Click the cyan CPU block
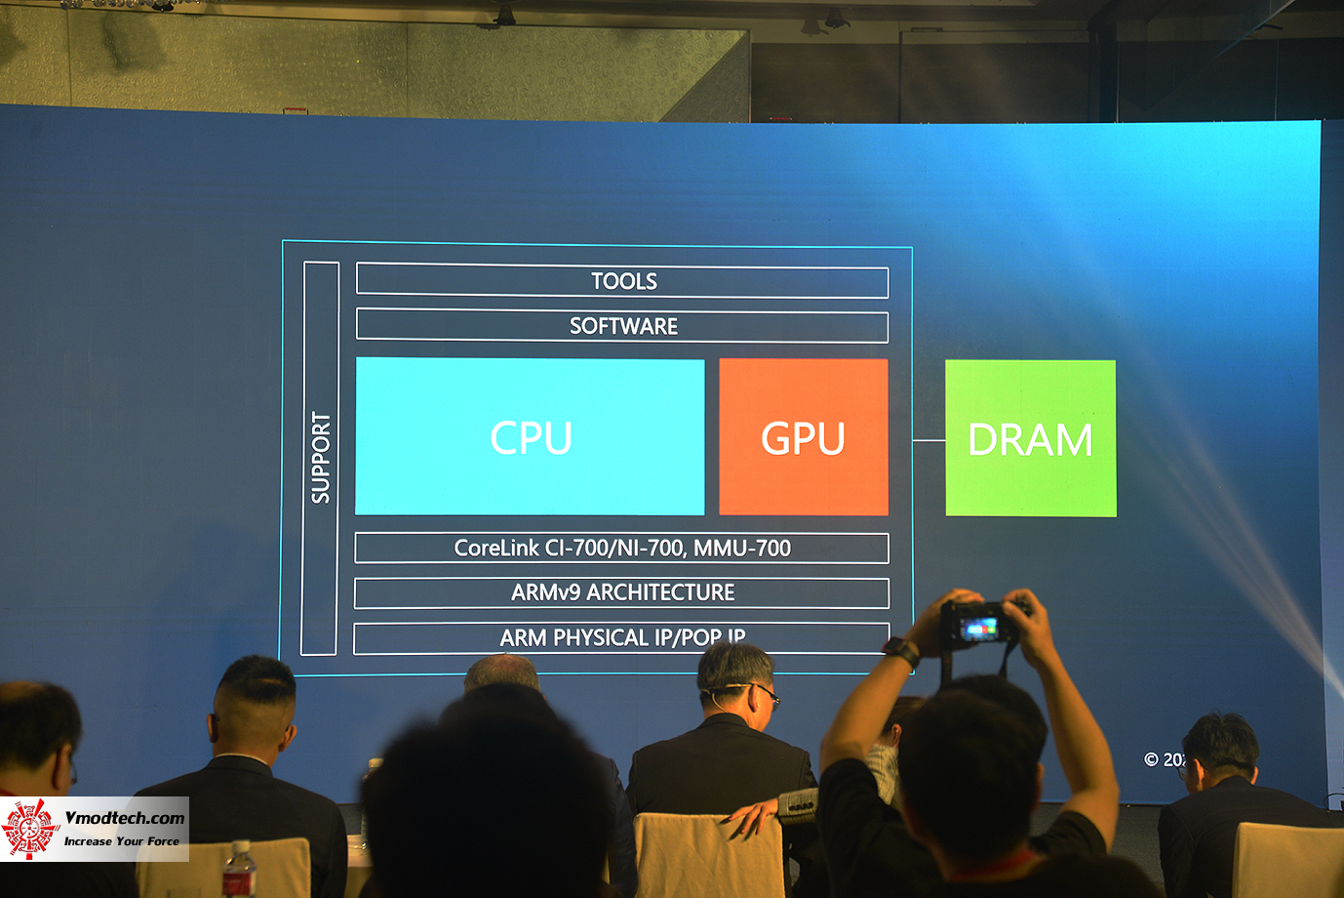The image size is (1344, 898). (530, 436)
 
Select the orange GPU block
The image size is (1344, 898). (803, 436)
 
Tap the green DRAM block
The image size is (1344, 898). (1030, 438)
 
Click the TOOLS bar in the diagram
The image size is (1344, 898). (622, 281)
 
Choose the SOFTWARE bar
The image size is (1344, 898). (622, 326)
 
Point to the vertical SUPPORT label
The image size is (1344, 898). (320, 457)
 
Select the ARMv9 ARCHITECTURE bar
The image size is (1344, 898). (622, 592)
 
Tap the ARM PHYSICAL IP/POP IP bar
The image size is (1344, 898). (621, 637)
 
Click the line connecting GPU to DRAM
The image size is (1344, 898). (929, 440)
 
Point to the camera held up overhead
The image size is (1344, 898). (982, 626)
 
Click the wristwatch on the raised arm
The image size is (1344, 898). (902, 650)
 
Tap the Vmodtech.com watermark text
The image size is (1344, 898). (124, 818)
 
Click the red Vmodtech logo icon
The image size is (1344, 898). (30, 829)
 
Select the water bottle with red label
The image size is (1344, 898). (238, 871)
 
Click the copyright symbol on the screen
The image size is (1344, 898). (1151, 759)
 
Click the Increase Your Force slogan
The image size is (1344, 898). (122, 840)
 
